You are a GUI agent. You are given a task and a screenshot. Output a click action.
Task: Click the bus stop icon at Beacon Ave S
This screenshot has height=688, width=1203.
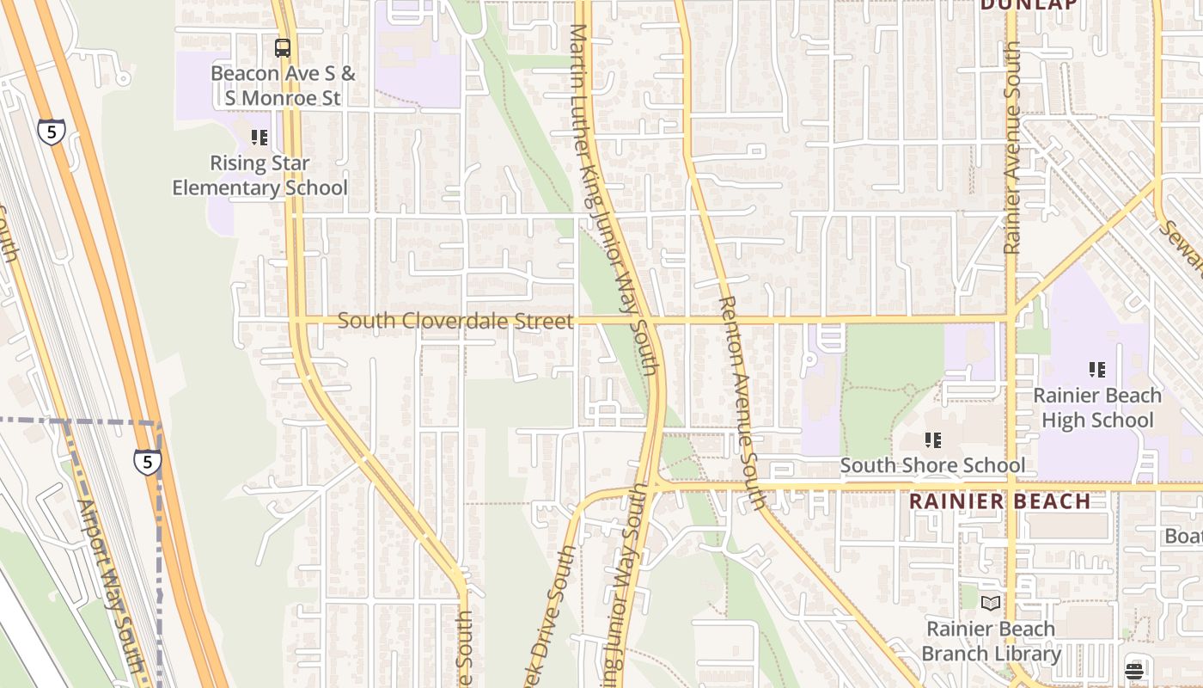pos(283,48)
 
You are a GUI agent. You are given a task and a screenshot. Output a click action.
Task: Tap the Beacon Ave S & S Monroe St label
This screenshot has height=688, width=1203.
pos(283,86)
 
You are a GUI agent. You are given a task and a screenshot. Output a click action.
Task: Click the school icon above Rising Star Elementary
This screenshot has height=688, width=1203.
pos(260,138)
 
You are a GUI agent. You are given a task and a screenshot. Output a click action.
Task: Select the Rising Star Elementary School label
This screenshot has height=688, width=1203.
pos(260,175)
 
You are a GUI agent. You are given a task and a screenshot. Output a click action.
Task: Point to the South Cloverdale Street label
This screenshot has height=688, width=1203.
pos(455,321)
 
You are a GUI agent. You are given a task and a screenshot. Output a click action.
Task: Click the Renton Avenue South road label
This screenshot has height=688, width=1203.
pos(741,402)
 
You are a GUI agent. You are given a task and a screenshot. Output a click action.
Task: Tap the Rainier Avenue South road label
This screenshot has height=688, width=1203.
pos(1011,148)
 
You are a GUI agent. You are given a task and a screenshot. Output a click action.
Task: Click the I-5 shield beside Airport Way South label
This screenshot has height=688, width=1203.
pos(147,462)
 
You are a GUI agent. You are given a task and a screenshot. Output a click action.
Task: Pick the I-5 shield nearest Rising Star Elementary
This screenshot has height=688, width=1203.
pos(51,132)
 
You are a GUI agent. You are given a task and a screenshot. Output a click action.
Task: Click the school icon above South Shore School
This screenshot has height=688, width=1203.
pos(932,441)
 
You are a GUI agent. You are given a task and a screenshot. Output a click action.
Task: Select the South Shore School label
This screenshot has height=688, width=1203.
pos(932,466)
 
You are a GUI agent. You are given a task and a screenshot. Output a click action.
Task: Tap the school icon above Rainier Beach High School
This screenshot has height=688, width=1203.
pos(1096,371)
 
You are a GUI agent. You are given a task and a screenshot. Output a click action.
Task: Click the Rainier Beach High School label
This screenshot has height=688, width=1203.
pos(1096,408)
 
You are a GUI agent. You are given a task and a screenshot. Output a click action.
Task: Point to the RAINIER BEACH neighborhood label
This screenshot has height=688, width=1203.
pos(999,501)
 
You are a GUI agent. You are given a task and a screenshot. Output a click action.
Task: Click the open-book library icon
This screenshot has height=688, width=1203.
pos(991,604)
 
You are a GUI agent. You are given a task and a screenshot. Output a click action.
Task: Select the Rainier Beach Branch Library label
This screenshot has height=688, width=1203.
pos(991,642)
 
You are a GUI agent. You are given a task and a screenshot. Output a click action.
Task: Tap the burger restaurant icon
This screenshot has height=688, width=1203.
pos(1134,670)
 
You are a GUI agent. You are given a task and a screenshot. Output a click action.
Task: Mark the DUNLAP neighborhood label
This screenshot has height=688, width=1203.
pos(1029,5)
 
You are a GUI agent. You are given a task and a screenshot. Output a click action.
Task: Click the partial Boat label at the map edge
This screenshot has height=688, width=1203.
pos(1183,536)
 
